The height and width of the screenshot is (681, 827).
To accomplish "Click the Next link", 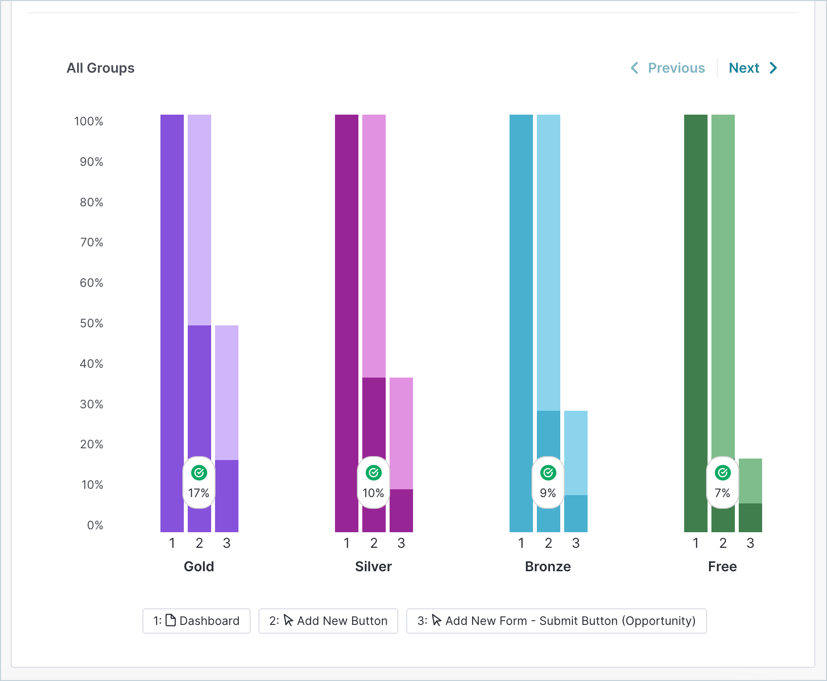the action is click(752, 68).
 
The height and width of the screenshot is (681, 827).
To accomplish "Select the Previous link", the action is click(668, 68).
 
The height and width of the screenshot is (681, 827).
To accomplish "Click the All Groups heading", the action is click(100, 68).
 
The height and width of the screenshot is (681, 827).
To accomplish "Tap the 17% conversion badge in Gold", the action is click(199, 482).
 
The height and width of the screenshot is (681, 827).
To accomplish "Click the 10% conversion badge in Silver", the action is click(374, 482).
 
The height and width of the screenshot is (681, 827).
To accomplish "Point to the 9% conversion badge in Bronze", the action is click(548, 482).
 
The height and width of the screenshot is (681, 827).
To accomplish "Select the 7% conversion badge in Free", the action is click(723, 482).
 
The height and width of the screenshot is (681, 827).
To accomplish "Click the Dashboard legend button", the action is click(197, 621).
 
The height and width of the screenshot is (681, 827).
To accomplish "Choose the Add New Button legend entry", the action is click(328, 621).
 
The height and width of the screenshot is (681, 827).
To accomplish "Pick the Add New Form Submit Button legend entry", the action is click(556, 621).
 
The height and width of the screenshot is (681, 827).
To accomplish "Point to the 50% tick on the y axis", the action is click(92, 323).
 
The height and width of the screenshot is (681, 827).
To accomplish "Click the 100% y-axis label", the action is click(89, 121).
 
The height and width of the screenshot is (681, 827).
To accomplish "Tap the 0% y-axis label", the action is click(95, 525).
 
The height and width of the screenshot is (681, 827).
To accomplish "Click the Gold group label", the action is click(199, 566).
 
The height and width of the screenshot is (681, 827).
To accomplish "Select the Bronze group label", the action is click(548, 566).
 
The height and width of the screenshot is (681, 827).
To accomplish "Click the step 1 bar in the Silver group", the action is click(347, 323).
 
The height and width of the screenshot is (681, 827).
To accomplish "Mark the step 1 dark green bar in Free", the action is click(696, 323).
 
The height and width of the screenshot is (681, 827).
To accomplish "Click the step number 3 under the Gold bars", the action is click(227, 543).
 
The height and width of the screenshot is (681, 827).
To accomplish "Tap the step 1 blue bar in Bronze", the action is click(521, 323).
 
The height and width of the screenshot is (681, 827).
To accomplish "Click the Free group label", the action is click(723, 566).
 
